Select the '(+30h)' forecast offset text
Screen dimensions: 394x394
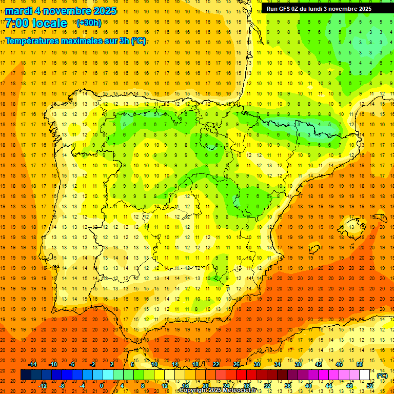(89, 23)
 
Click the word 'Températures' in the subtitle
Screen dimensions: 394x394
(37, 40)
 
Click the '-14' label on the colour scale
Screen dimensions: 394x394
(33, 364)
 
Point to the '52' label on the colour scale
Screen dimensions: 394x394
(370, 386)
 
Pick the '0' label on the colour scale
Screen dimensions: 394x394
(102, 386)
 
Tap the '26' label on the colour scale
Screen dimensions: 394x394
(236, 364)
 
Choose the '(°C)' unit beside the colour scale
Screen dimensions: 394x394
(382, 376)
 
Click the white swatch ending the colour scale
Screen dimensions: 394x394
(365, 375)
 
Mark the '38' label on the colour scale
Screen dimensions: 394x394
(298, 364)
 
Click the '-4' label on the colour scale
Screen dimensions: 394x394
(82, 386)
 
